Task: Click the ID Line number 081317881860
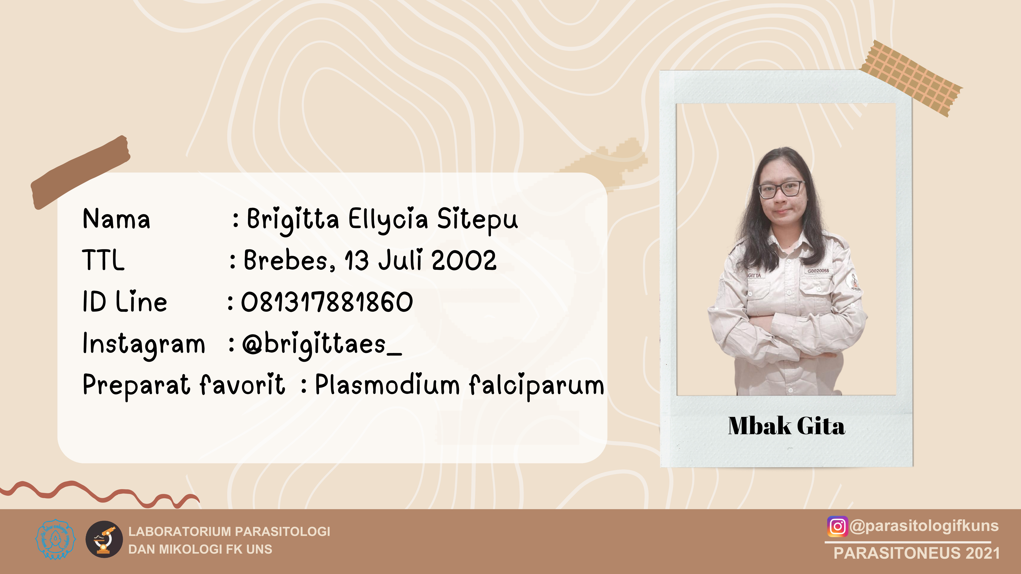[327, 302]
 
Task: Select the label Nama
[117, 219]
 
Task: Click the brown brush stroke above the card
[80, 172]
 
